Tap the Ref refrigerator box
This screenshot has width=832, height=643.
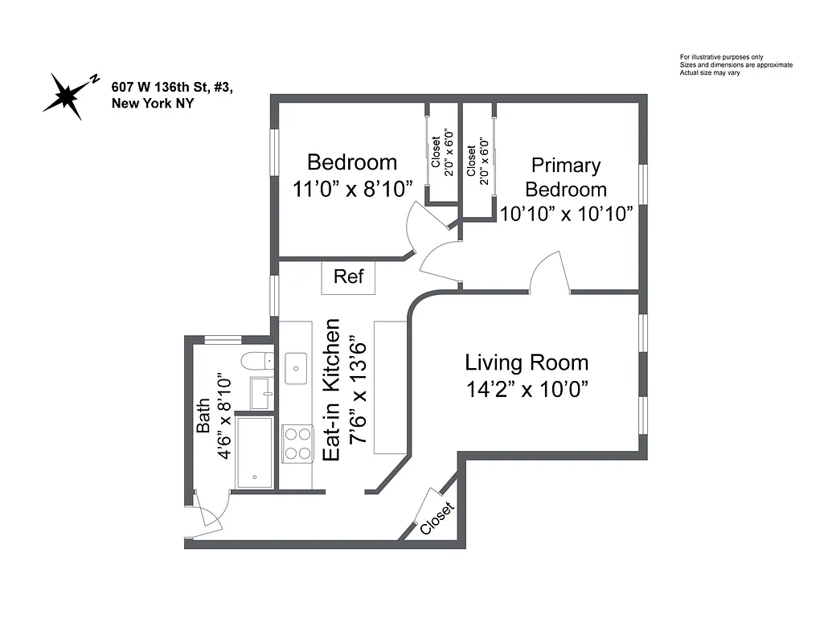point(348,276)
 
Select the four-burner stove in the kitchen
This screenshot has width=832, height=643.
point(297,443)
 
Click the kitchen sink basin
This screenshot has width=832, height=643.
point(296,369)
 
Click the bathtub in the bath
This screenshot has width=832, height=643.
point(254,452)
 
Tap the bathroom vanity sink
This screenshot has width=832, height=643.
point(261,393)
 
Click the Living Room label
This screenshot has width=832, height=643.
point(527,362)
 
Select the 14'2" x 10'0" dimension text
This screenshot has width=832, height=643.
point(527,389)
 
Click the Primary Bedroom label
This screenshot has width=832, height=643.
point(566,178)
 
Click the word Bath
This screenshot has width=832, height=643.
point(203,416)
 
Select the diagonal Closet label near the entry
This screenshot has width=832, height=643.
point(436,518)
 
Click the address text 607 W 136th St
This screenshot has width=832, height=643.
point(173,87)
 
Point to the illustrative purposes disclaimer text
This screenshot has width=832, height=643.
point(736,65)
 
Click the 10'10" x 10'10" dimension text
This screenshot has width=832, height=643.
point(566,215)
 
